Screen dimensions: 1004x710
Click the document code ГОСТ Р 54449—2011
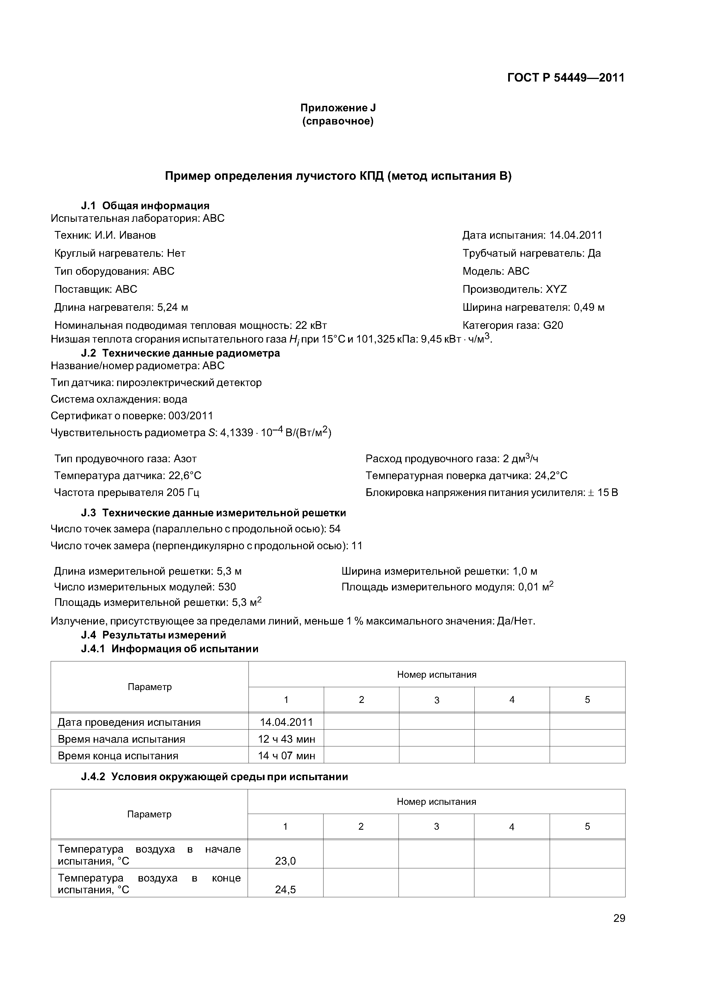tap(566, 78)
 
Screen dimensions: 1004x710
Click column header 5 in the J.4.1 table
tap(587, 700)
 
